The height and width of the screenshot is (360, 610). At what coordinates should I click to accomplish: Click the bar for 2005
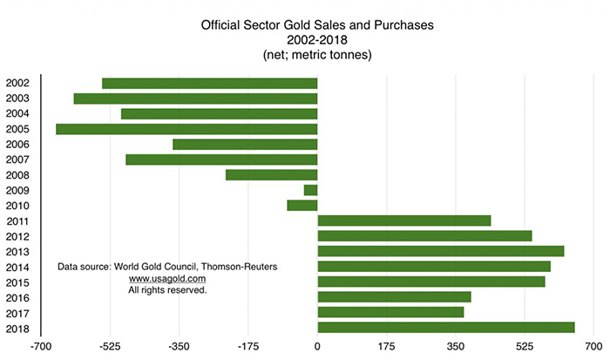(x=186, y=129)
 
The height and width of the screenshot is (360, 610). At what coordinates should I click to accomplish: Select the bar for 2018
(x=446, y=327)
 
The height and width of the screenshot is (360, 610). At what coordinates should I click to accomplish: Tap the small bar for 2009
(x=310, y=190)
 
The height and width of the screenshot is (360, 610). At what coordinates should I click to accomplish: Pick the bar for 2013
(x=441, y=251)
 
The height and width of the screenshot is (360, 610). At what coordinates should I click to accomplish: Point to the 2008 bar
(x=271, y=174)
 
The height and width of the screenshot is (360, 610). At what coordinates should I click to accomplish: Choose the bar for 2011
(x=404, y=221)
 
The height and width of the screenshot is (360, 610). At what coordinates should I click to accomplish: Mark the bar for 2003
(x=195, y=98)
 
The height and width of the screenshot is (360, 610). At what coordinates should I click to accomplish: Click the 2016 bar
(x=394, y=296)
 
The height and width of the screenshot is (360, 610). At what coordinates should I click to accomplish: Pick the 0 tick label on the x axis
(x=317, y=347)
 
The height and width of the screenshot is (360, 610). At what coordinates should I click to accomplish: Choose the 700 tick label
(x=593, y=347)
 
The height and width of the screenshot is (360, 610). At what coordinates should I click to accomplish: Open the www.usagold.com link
(x=167, y=278)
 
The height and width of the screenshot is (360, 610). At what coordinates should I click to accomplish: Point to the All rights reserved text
(x=167, y=289)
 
